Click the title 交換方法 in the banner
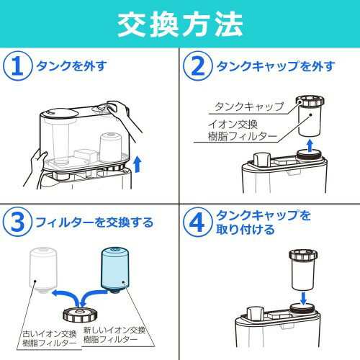click(180, 24)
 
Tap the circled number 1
click(17, 66)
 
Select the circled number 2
click(198, 66)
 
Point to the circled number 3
click(17, 222)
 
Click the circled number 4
click(198, 222)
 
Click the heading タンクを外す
click(71, 66)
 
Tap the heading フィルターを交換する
click(94, 222)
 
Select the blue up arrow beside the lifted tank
click(138, 164)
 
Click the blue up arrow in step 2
click(310, 145)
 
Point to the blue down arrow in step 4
click(304, 298)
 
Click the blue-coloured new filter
click(115, 270)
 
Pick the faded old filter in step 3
click(43, 270)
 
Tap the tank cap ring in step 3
click(81, 315)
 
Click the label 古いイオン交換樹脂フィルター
click(50, 338)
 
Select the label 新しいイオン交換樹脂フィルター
click(114, 335)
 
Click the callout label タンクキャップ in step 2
click(249, 107)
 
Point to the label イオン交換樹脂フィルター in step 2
click(243, 130)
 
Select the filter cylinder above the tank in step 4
click(304, 270)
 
